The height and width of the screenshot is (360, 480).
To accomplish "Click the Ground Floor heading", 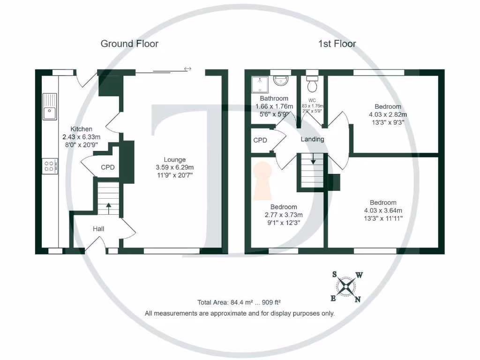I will pos(129,44).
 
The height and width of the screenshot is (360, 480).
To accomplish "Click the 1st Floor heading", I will pos(337,44).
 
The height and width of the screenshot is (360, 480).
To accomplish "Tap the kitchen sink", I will pos(49,107).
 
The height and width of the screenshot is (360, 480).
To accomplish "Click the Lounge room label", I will pos(174,159).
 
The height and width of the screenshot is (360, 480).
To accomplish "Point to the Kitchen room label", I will pos(81,129).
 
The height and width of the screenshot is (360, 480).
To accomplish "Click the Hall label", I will pos(98,229).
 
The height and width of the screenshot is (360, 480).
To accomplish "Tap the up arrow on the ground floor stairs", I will pos(108,207).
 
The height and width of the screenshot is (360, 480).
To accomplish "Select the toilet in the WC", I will pos(312,84).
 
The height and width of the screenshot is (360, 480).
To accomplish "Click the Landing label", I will pos(312,139).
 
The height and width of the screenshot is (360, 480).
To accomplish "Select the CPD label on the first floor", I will pos(260,140).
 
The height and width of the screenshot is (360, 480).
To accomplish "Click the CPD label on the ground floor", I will pos(108,167).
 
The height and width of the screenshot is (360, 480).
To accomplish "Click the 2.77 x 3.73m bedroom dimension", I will pos(284,215).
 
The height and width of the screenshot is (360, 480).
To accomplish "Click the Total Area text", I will pos(240,302).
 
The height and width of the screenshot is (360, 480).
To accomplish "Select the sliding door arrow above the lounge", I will pos(187,69).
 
